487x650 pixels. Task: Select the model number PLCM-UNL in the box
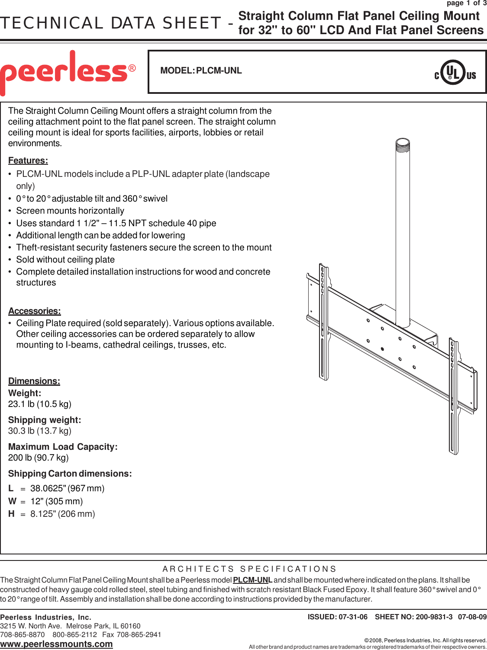pyautogui.click(x=219, y=70)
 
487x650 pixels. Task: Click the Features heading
pyautogui.click(x=28, y=160)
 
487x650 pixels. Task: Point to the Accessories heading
pyautogui.click(x=35, y=311)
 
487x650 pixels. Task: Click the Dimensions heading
pyautogui.click(x=34, y=381)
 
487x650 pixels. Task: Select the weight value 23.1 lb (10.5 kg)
pyautogui.click(x=40, y=404)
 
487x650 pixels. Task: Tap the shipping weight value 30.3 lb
pyautogui.click(x=40, y=431)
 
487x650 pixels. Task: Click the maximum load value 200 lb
pyautogui.click(x=39, y=458)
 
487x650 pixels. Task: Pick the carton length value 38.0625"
pyautogui.click(x=67, y=488)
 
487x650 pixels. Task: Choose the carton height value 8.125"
pyautogui.click(x=62, y=514)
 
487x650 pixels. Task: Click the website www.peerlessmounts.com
pyautogui.click(x=56, y=644)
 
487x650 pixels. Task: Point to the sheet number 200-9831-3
pyautogui.click(x=434, y=617)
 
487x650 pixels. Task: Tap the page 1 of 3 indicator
pyautogui.click(x=466, y=3)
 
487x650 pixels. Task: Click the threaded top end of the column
pyautogui.click(x=403, y=144)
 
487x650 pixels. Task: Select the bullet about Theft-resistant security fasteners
pyautogui.click(x=144, y=247)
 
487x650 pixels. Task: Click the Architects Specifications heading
pyautogui.click(x=249, y=569)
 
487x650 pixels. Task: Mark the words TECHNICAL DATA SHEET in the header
pyautogui.click(x=110, y=23)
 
